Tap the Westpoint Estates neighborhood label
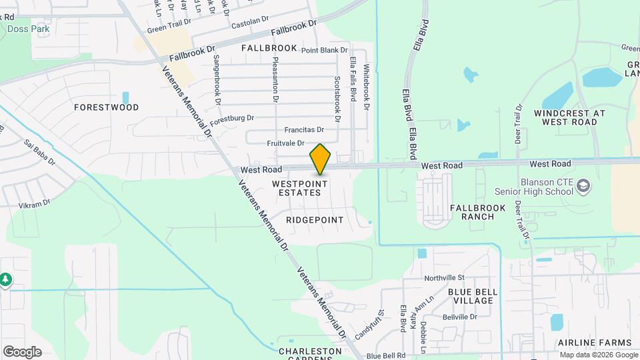299,187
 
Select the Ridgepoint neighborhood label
314,220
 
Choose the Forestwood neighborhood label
107,107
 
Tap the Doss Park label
28,29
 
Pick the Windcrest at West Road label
569,117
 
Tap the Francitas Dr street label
304,130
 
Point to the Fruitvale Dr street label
285,143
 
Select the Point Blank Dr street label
325,50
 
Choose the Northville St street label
448,277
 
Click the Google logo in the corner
22,352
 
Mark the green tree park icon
6,279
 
